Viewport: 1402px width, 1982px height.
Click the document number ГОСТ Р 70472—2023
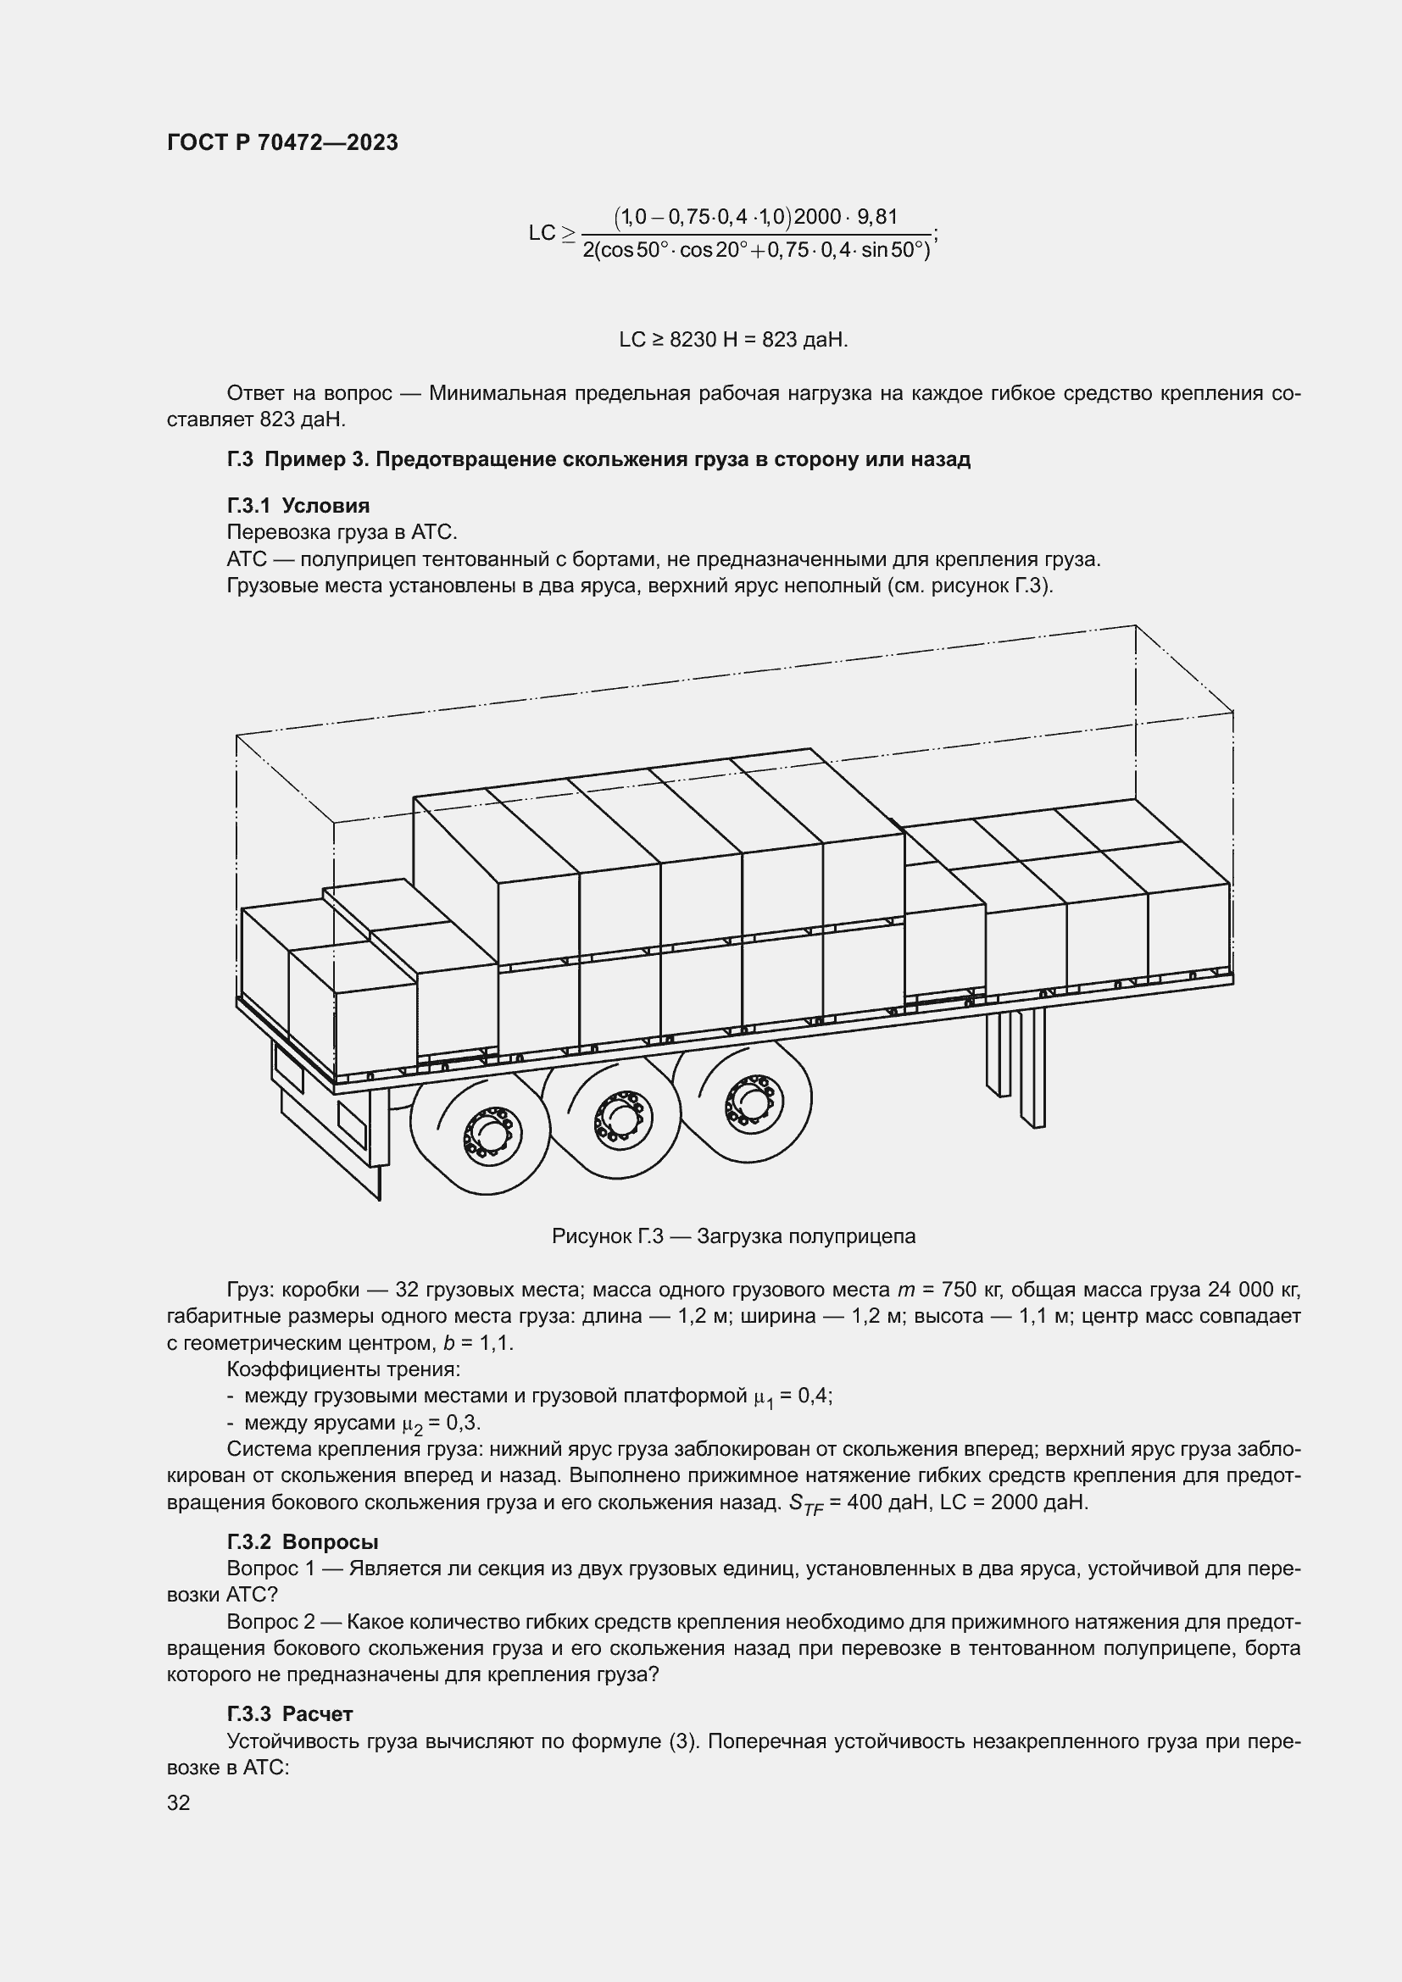point(282,143)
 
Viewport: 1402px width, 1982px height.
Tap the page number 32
point(179,1802)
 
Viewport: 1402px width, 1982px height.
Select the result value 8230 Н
point(702,340)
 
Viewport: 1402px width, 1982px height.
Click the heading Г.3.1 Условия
point(298,506)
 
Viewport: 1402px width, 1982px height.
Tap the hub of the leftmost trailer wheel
point(486,1131)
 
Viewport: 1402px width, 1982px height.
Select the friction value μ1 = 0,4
point(793,1396)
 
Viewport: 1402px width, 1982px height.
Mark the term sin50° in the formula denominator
point(893,251)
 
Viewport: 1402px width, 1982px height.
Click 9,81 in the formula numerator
point(877,217)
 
